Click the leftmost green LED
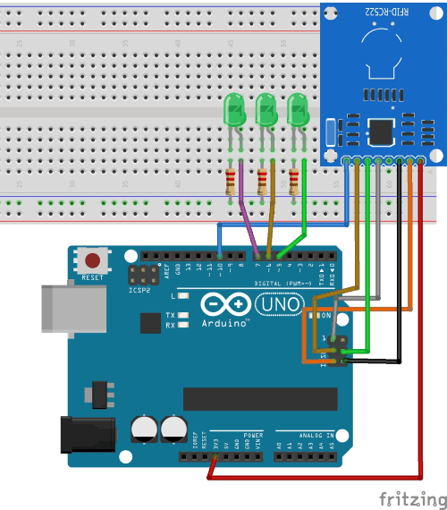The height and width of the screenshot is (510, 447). [233, 111]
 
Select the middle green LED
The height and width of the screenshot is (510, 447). [266, 111]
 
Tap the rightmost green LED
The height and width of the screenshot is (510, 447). [297, 111]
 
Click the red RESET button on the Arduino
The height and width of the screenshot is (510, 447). [92, 261]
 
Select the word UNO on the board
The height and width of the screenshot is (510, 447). [279, 306]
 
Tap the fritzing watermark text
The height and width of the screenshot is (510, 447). [409, 497]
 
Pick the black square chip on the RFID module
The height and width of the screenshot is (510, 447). [382, 132]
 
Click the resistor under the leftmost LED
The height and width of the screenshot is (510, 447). [234, 181]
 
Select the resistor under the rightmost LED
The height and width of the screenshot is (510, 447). [295, 181]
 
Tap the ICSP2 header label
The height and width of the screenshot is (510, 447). [138, 290]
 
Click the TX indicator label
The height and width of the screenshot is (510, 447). [170, 315]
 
